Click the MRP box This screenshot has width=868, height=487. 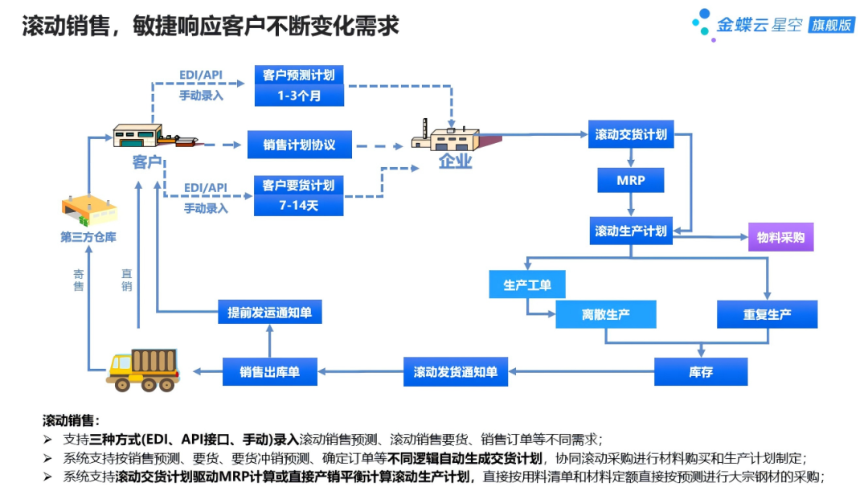(631, 180)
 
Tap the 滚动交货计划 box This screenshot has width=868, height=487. (631, 134)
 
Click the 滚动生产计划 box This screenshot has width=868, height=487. (631, 231)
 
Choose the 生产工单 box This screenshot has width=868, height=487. (527, 284)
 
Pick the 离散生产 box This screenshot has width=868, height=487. (606, 314)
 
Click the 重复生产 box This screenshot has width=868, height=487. (767, 314)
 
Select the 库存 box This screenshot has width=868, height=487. (701, 372)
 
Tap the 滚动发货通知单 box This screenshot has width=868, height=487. (455, 372)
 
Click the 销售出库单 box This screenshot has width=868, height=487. (270, 372)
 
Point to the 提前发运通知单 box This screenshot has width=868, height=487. (270, 312)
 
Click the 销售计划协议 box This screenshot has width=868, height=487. (299, 145)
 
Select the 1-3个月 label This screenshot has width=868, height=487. (299, 96)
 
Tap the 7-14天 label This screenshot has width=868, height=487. (299, 206)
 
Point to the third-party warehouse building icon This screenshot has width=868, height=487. (88, 211)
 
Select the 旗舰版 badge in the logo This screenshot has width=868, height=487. (831, 25)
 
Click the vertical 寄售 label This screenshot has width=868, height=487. (79, 280)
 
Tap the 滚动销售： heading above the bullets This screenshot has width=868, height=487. (72, 420)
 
